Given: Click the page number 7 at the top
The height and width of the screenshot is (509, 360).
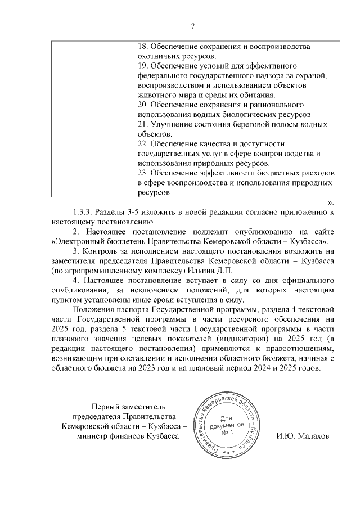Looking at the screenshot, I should [x=192, y=26].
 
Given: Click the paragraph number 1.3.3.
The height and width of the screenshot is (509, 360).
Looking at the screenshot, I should [x=83, y=212].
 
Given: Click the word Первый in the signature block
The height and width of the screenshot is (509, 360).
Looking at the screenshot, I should [x=107, y=406].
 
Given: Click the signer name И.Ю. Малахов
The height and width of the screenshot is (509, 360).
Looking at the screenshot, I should [x=303, y=436].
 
